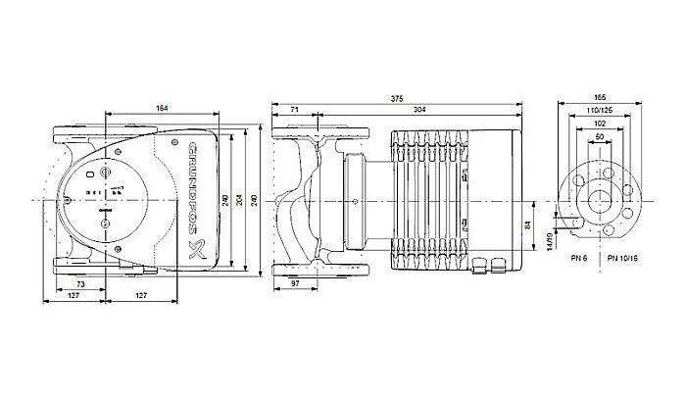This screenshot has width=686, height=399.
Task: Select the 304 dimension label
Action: pos(418,110)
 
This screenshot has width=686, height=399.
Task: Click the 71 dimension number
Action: pos(294,110)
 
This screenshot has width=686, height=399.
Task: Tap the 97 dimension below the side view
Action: pos(294,283)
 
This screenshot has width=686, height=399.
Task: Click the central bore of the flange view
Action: pos(598,201)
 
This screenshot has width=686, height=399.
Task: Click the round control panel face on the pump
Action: pos(104,200)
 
